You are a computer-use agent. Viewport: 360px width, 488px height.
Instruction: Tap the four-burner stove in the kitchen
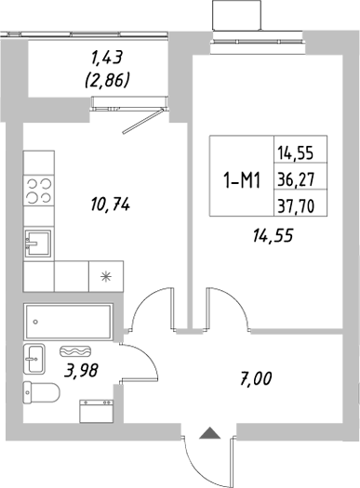click(39, 191)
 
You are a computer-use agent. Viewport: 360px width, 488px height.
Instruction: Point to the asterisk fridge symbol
click(103, 275)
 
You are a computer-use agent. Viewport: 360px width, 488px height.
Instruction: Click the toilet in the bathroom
click(41, 394)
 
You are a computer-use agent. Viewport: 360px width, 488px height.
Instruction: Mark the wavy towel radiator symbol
click(73, 352)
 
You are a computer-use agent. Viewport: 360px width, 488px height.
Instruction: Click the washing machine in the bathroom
click(97, 410)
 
